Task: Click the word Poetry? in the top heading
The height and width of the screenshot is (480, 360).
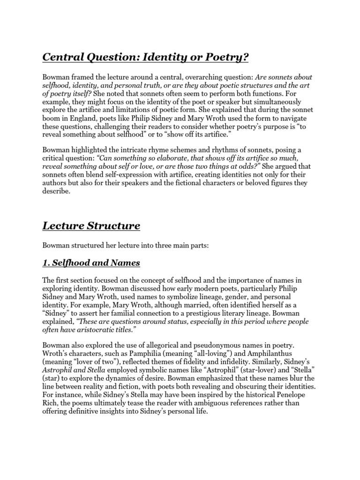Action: click(223, 57)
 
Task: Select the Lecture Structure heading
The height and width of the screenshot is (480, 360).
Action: click(91, 226)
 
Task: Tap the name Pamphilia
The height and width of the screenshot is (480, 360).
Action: click(147, 353)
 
